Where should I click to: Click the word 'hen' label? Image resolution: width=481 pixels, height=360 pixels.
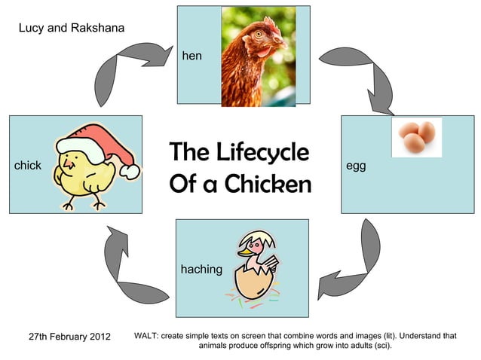[191, 56]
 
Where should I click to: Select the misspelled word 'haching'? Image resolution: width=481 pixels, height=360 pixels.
[201, 269]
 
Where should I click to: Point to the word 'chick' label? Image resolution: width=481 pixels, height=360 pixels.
[28, 165]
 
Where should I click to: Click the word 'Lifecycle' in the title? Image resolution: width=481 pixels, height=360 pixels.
[262, 152]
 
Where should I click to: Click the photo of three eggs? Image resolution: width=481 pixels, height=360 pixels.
[416, 137]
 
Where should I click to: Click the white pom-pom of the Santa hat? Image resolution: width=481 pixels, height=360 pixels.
[130, 172]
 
